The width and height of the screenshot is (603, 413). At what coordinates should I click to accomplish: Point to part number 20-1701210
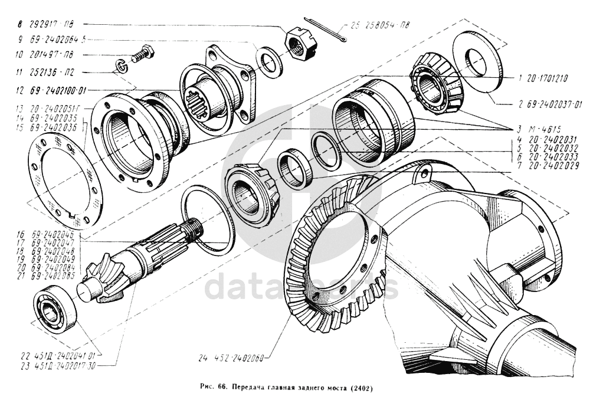coord(545,77)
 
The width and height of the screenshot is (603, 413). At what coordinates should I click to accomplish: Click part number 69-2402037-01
coord(552,104)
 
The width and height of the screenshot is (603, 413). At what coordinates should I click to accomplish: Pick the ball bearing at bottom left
coord(54,309)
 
